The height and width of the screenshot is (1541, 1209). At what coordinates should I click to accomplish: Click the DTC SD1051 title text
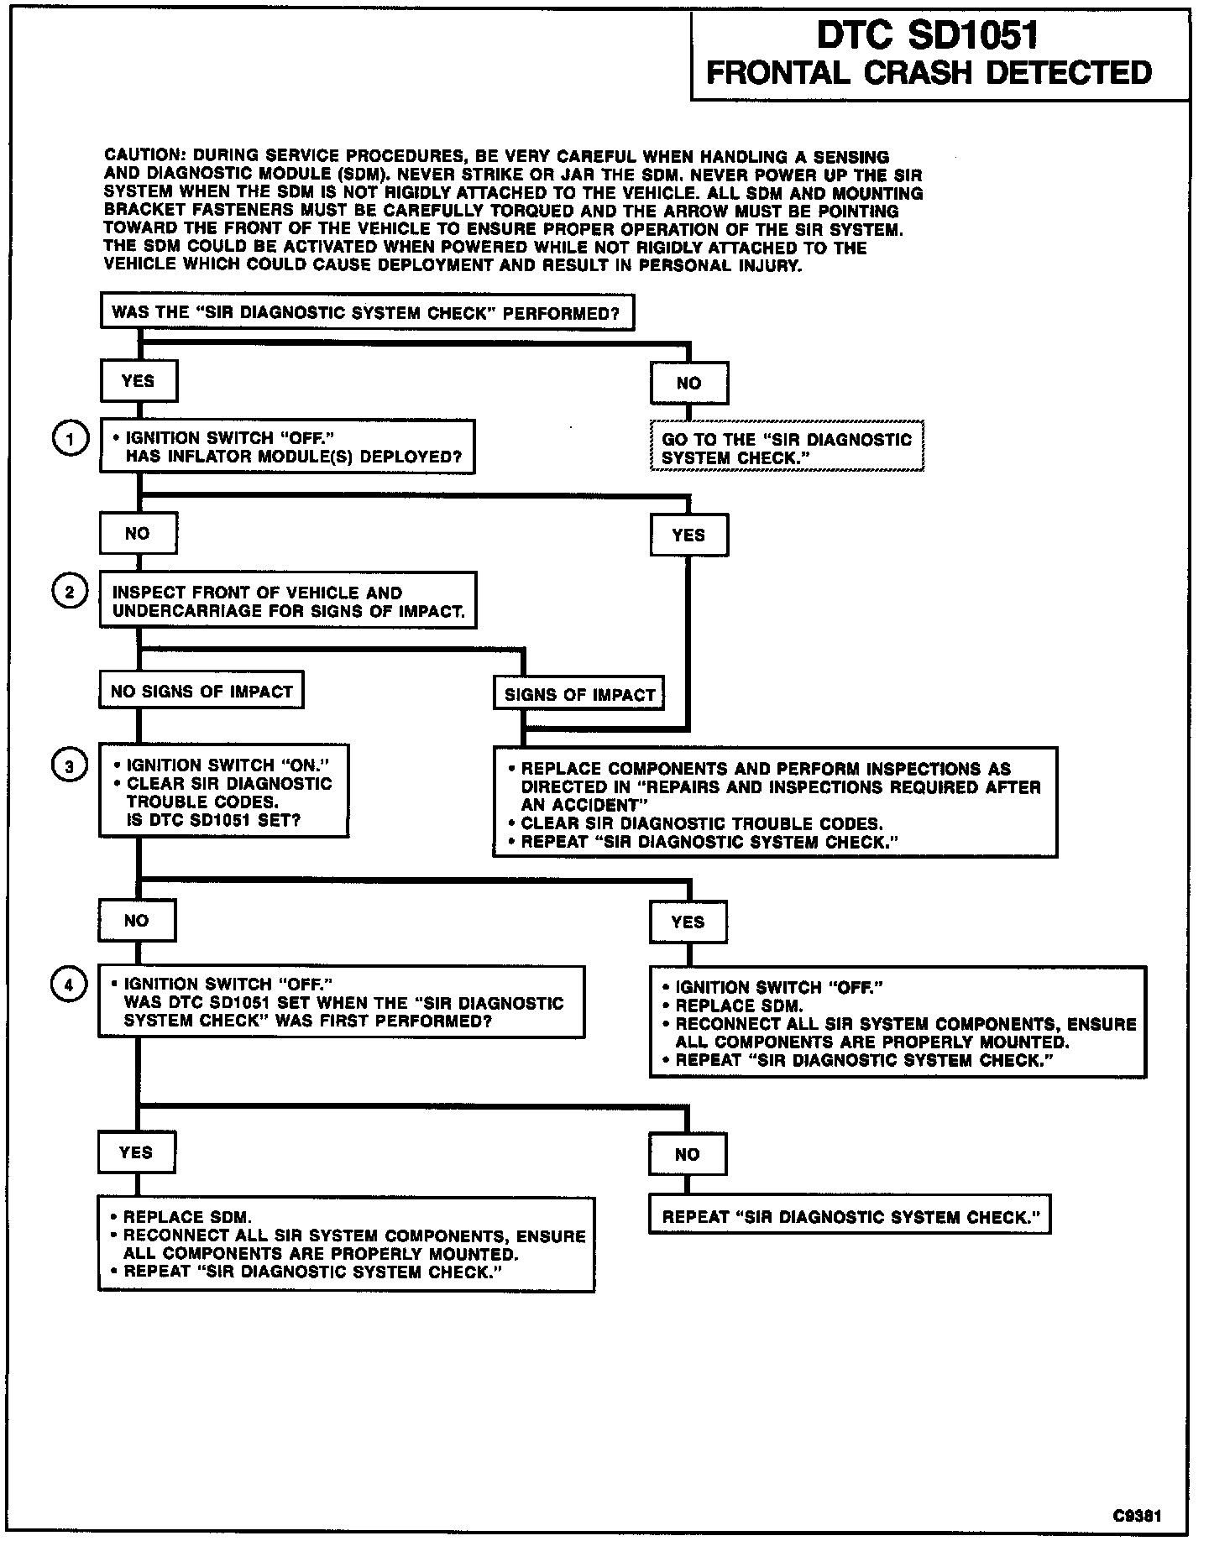click(x=928, y=36)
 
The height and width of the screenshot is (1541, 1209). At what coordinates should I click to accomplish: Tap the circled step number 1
click(x=71, y=439)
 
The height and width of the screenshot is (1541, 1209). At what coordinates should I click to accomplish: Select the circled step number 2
click(x=71, y=593)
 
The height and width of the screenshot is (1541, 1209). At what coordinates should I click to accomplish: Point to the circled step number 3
click(x=71, y=765)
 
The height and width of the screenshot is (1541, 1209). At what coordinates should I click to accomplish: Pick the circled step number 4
click(x=71, y=985)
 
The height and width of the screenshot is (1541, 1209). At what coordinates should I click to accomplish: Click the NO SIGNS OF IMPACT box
click(x=201, y=692)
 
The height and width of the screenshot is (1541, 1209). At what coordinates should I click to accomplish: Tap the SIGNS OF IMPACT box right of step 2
click(x=579, y=695)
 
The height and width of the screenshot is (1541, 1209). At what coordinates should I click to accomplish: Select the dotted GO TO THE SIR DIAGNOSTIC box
click(x=787, y=448)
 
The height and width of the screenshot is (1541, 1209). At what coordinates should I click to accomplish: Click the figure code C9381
click(x=1138, y=1515)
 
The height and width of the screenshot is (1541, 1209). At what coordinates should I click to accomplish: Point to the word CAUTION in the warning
click(x=143, y=156)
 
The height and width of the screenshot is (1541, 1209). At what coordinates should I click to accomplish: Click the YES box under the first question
click(x=139, y=381)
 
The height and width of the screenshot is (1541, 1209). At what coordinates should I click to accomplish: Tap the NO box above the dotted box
click(x=688, y=384)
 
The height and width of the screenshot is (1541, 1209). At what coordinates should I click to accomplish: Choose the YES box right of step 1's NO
click(x=688, y=535)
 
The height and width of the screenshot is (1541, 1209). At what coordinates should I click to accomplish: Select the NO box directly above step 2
click(x=138, y=534)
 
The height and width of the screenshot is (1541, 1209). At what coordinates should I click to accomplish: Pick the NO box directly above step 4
click(x=137, y=921)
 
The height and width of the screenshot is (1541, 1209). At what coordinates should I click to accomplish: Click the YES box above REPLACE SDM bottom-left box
click(x=136, y=1152)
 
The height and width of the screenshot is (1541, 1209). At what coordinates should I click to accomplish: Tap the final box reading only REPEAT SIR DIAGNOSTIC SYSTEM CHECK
click(x=849, y=1217)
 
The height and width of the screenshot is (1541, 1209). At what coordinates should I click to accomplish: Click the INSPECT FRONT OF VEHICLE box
click(x=288, y=601)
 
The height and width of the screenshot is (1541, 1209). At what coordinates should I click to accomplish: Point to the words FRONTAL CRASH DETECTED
click(x=929, y=73)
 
